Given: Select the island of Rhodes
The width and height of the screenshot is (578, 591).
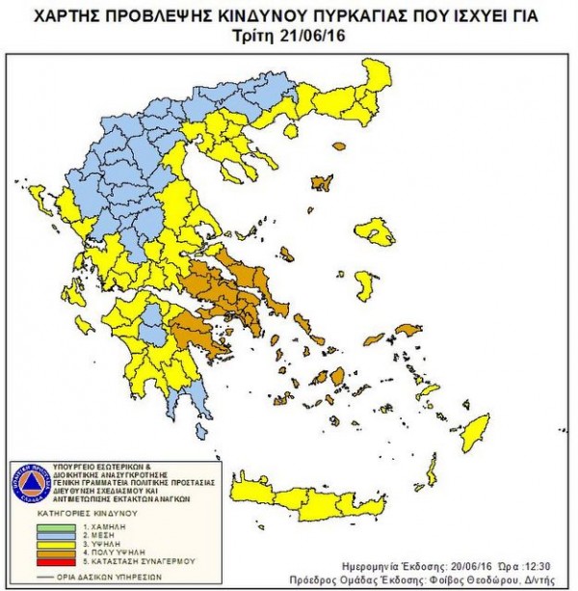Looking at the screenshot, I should click(x=475, y=432).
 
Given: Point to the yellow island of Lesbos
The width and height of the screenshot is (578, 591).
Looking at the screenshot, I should click(x=374, y=231).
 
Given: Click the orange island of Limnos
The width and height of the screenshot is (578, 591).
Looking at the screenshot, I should click(x=321, y=182).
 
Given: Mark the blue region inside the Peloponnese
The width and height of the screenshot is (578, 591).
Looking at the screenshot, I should click(x=151, y=335).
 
